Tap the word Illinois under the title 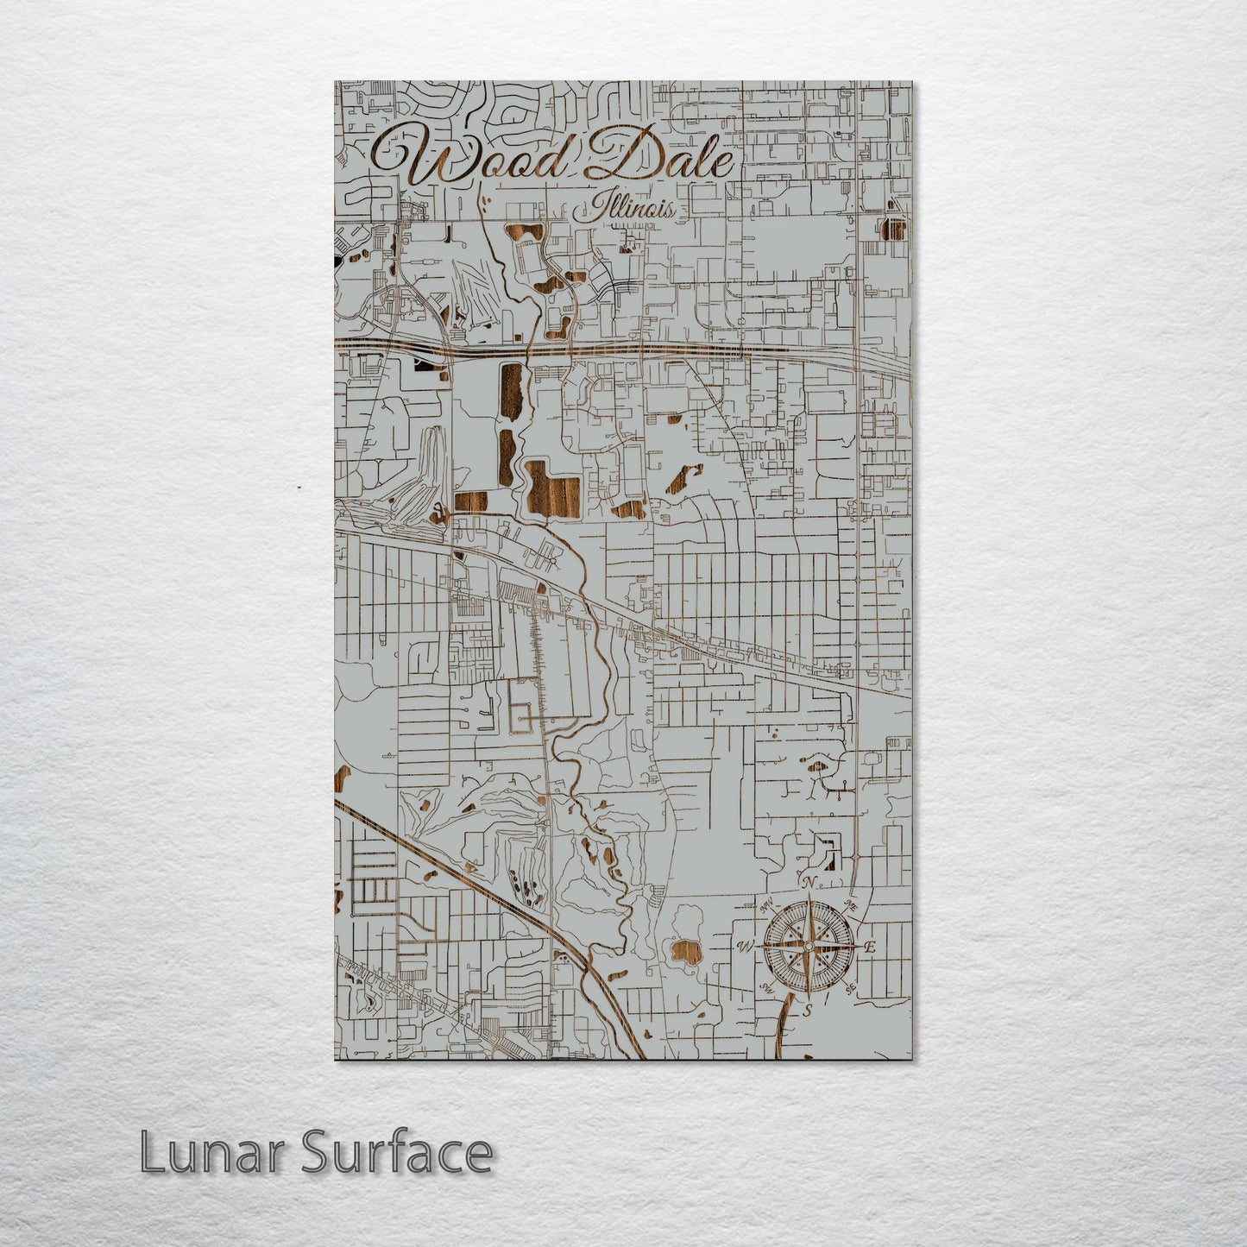[633, 207]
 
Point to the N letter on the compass [809, 882]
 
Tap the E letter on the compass [870, 947]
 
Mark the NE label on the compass [850, 905]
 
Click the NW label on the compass [765, 906]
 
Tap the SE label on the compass [850, 987]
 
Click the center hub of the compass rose [808, 947]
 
